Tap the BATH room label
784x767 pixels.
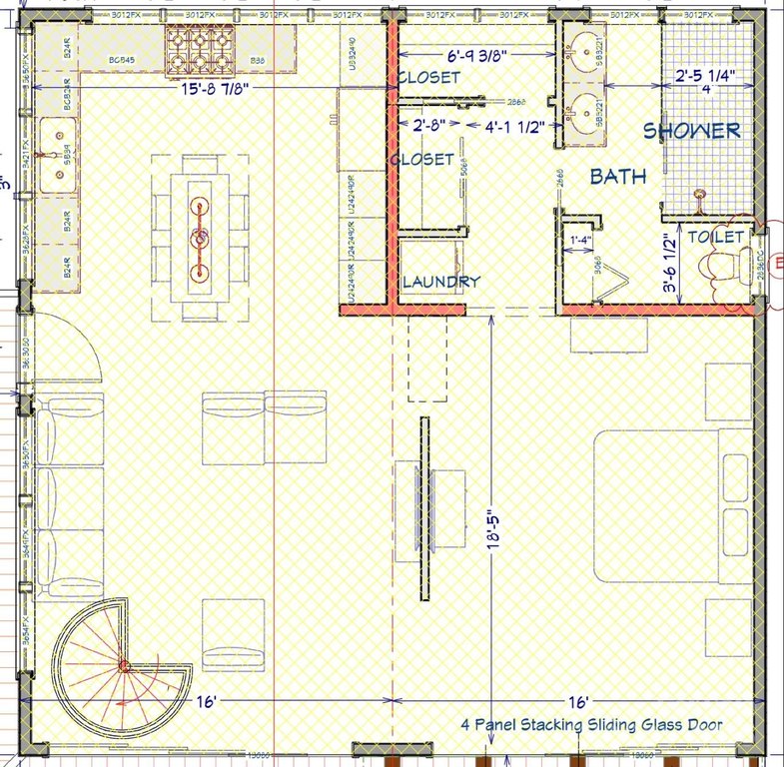click(x=617, y=177)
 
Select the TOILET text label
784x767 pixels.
click(x=716, y=237)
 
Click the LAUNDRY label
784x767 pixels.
click(x=440, y=283)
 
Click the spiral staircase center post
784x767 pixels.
click(x=123, y=665)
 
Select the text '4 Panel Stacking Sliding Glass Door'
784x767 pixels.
click(x=591, y=725)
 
